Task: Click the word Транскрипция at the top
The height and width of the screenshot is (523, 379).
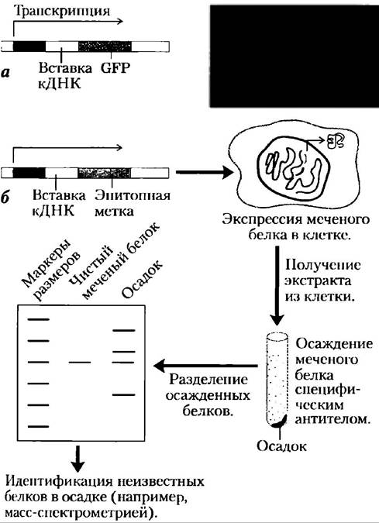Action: [62, 11]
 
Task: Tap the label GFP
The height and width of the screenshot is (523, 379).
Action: [115, 67]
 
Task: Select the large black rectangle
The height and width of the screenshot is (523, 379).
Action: [295, 57]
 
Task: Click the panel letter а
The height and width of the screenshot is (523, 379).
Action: [5, 72]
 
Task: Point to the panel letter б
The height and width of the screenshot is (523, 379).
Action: [5, 198]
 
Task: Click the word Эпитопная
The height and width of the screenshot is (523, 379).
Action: [133, 195]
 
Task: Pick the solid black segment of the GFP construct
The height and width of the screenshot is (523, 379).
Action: [29, 46]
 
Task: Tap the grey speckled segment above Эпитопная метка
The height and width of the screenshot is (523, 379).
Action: [105, 173]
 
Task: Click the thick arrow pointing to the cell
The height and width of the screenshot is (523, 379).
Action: [205, 173]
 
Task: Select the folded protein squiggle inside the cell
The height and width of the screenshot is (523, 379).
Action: [336, 141]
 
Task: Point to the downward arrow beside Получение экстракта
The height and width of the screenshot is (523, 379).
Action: [277, 285]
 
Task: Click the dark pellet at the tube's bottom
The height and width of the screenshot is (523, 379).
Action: [278, 421]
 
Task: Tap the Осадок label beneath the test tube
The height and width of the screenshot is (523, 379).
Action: [281, 446]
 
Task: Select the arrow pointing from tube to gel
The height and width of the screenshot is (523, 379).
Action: [205, 366]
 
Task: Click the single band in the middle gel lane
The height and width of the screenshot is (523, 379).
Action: [79, 362]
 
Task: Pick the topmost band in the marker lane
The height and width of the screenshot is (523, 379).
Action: [39, 319]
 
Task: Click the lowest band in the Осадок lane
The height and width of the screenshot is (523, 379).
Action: [124, 394]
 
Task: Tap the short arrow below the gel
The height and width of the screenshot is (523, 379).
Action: [78, 459]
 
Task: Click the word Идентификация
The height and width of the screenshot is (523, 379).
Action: [58, 482]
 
